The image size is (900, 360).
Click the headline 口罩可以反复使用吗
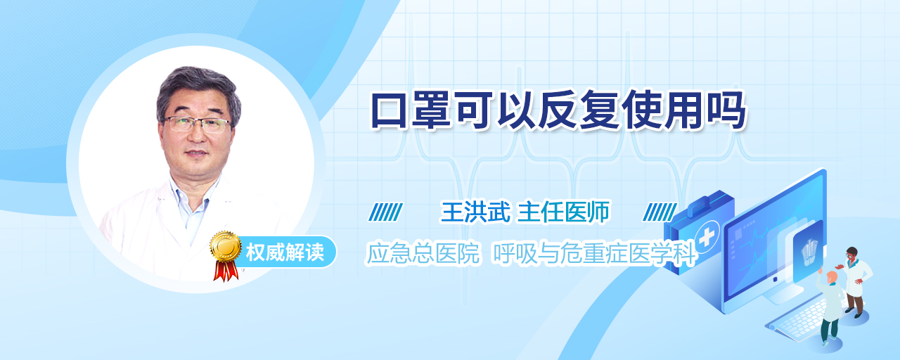tap(558, 110)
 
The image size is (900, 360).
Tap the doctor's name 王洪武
tap(475, 212)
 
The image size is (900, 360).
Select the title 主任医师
tap(563, 212)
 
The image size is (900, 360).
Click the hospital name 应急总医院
tap(423, 253)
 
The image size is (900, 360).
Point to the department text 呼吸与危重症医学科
tap(594, 254)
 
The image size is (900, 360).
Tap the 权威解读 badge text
tap(285, 252)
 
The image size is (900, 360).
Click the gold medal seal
tap(226, 245)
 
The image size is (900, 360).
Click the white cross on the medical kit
tap(706, 238)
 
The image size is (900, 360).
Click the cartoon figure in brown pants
tap(854, 281)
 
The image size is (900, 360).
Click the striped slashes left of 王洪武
tap(386, 212)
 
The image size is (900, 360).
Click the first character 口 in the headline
tap(390, 110)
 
